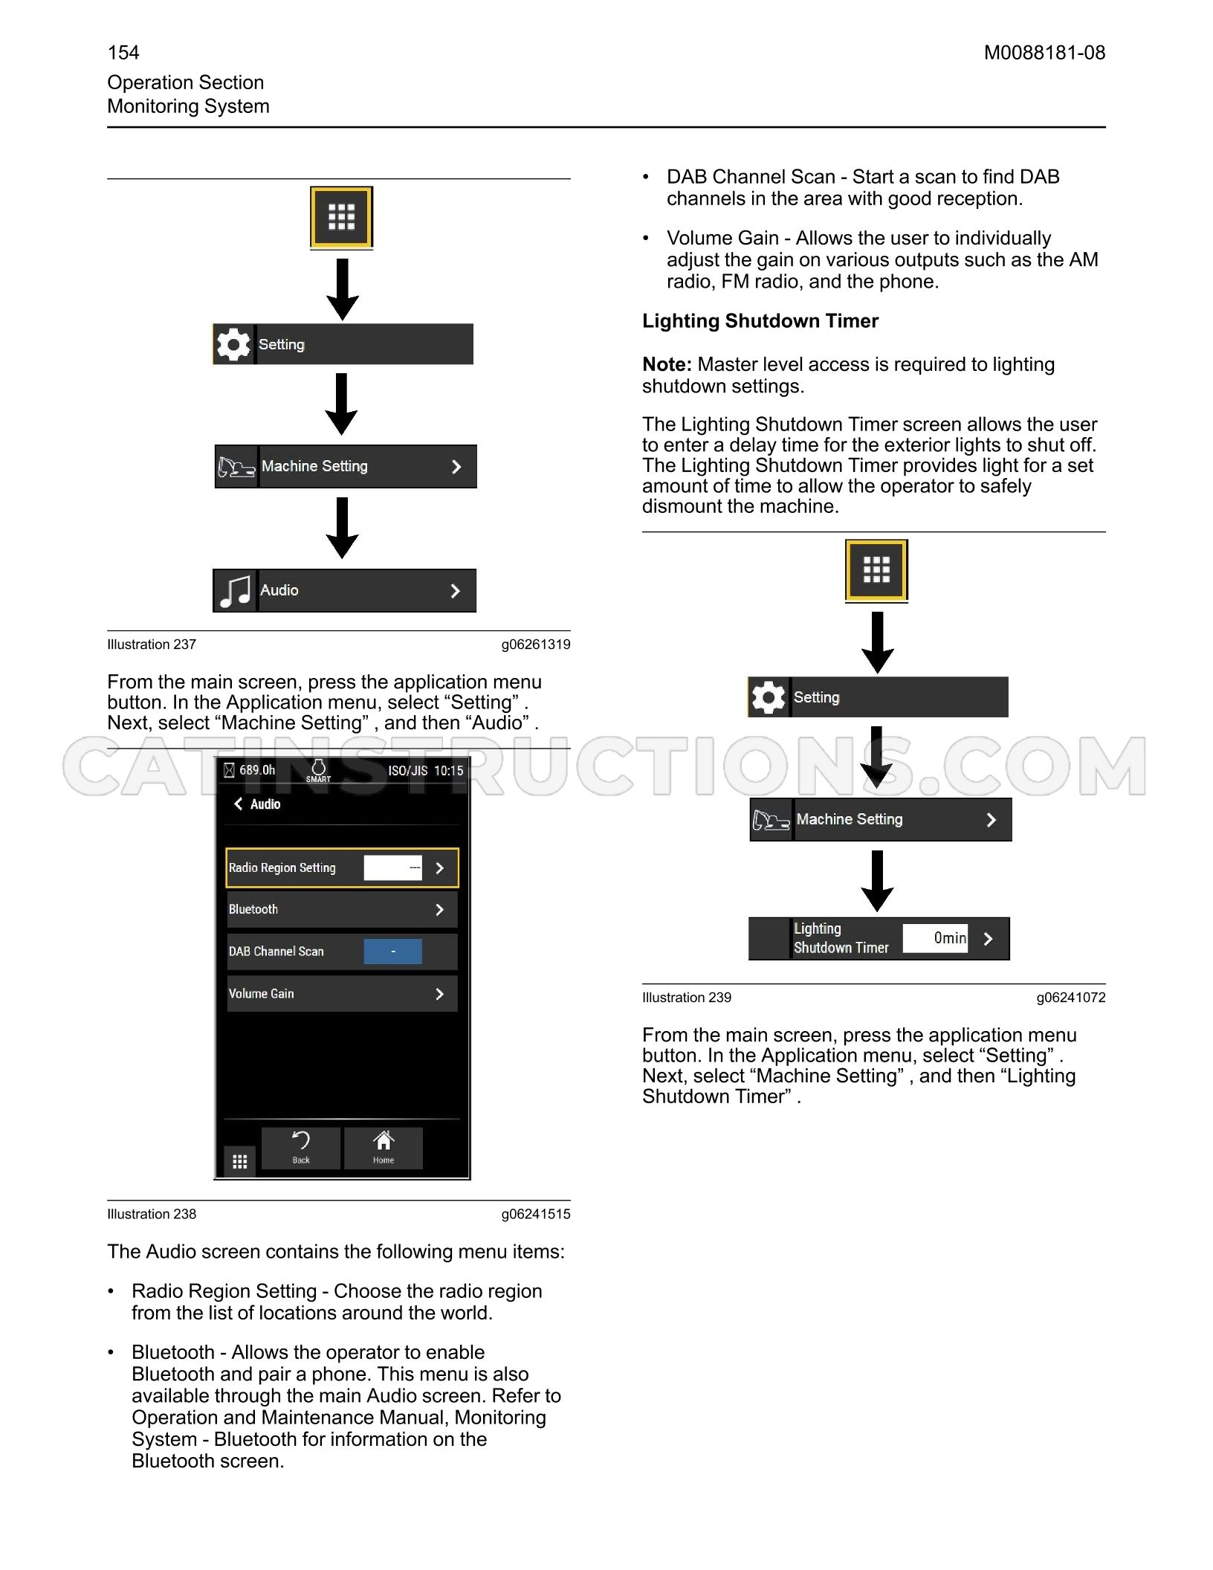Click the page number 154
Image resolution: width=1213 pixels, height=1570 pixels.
tap(123, 53)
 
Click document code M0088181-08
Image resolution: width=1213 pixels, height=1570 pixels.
tap(1044, 53)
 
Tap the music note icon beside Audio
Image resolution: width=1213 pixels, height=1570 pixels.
tap(236, 591)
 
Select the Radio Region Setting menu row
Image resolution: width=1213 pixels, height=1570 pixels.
tap(342, 868)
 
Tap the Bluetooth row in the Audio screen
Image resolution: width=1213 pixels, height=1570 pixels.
tap(342, 909)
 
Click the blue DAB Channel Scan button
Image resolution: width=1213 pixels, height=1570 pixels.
tap(392, 952)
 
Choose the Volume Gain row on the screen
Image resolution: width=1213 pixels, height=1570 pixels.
tap(342, 993)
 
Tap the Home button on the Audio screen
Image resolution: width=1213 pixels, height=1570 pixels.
tap(384, 1148)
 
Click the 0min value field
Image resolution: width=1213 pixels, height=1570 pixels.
tap(935, 938)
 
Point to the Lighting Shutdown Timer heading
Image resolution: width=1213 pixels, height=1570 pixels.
tap(760, 321)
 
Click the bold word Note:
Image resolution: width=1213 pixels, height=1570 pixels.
tap(667, 364)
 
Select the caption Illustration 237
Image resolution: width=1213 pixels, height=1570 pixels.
tap(152, 645)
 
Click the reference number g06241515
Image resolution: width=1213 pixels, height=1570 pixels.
tap(536, 1214)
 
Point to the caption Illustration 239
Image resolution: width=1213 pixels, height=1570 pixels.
tap(687, 998)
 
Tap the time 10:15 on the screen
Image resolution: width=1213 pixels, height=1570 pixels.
tap(448, 770)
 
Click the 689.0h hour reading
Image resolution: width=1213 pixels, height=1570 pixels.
tap(257, 770)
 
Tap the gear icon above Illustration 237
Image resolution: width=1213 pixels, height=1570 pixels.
tap(233, 344)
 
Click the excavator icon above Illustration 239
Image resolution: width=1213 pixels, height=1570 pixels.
tap(771, 820)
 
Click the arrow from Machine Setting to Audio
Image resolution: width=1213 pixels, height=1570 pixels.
tap(342, 528)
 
